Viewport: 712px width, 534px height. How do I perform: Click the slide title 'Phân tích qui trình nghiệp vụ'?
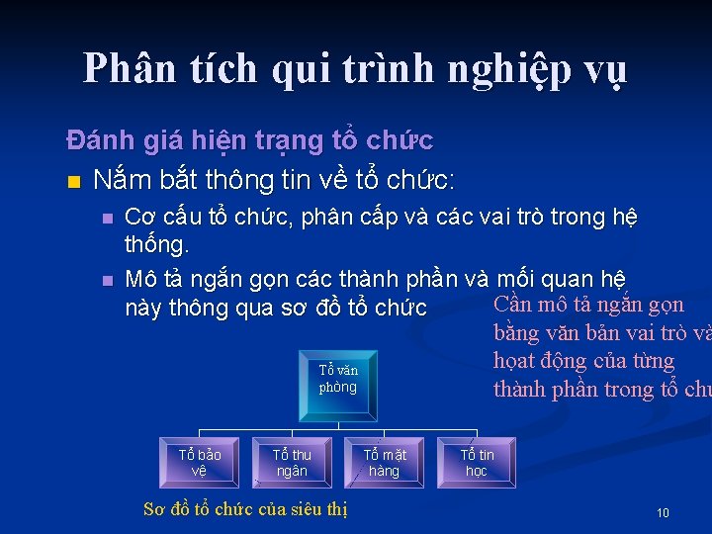tap(355, 69)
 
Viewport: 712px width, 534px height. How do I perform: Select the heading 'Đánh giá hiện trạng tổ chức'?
tap(249, 141)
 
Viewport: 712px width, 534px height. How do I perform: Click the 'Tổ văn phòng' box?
tap(338, 379)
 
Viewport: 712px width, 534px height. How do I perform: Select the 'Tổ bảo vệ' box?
tap(200, 463)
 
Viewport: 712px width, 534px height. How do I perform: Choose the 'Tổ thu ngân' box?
tap(292, 463)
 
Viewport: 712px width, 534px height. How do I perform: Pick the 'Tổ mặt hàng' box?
tap(384, 463)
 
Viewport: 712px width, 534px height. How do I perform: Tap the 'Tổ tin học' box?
tap(477, 463)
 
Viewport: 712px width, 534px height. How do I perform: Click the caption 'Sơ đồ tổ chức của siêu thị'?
tap(245, 509)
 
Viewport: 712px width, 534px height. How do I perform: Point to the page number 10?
tap(663, 513)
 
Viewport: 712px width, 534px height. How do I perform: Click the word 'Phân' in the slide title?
tap(127, 69)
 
